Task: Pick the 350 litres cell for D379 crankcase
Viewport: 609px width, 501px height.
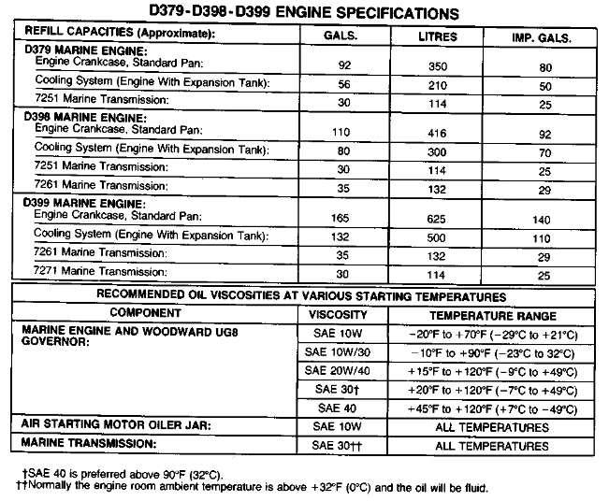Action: (434, 66)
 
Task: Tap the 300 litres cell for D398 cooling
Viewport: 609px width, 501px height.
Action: (434, 150)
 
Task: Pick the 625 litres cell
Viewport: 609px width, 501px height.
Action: (434, 217)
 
